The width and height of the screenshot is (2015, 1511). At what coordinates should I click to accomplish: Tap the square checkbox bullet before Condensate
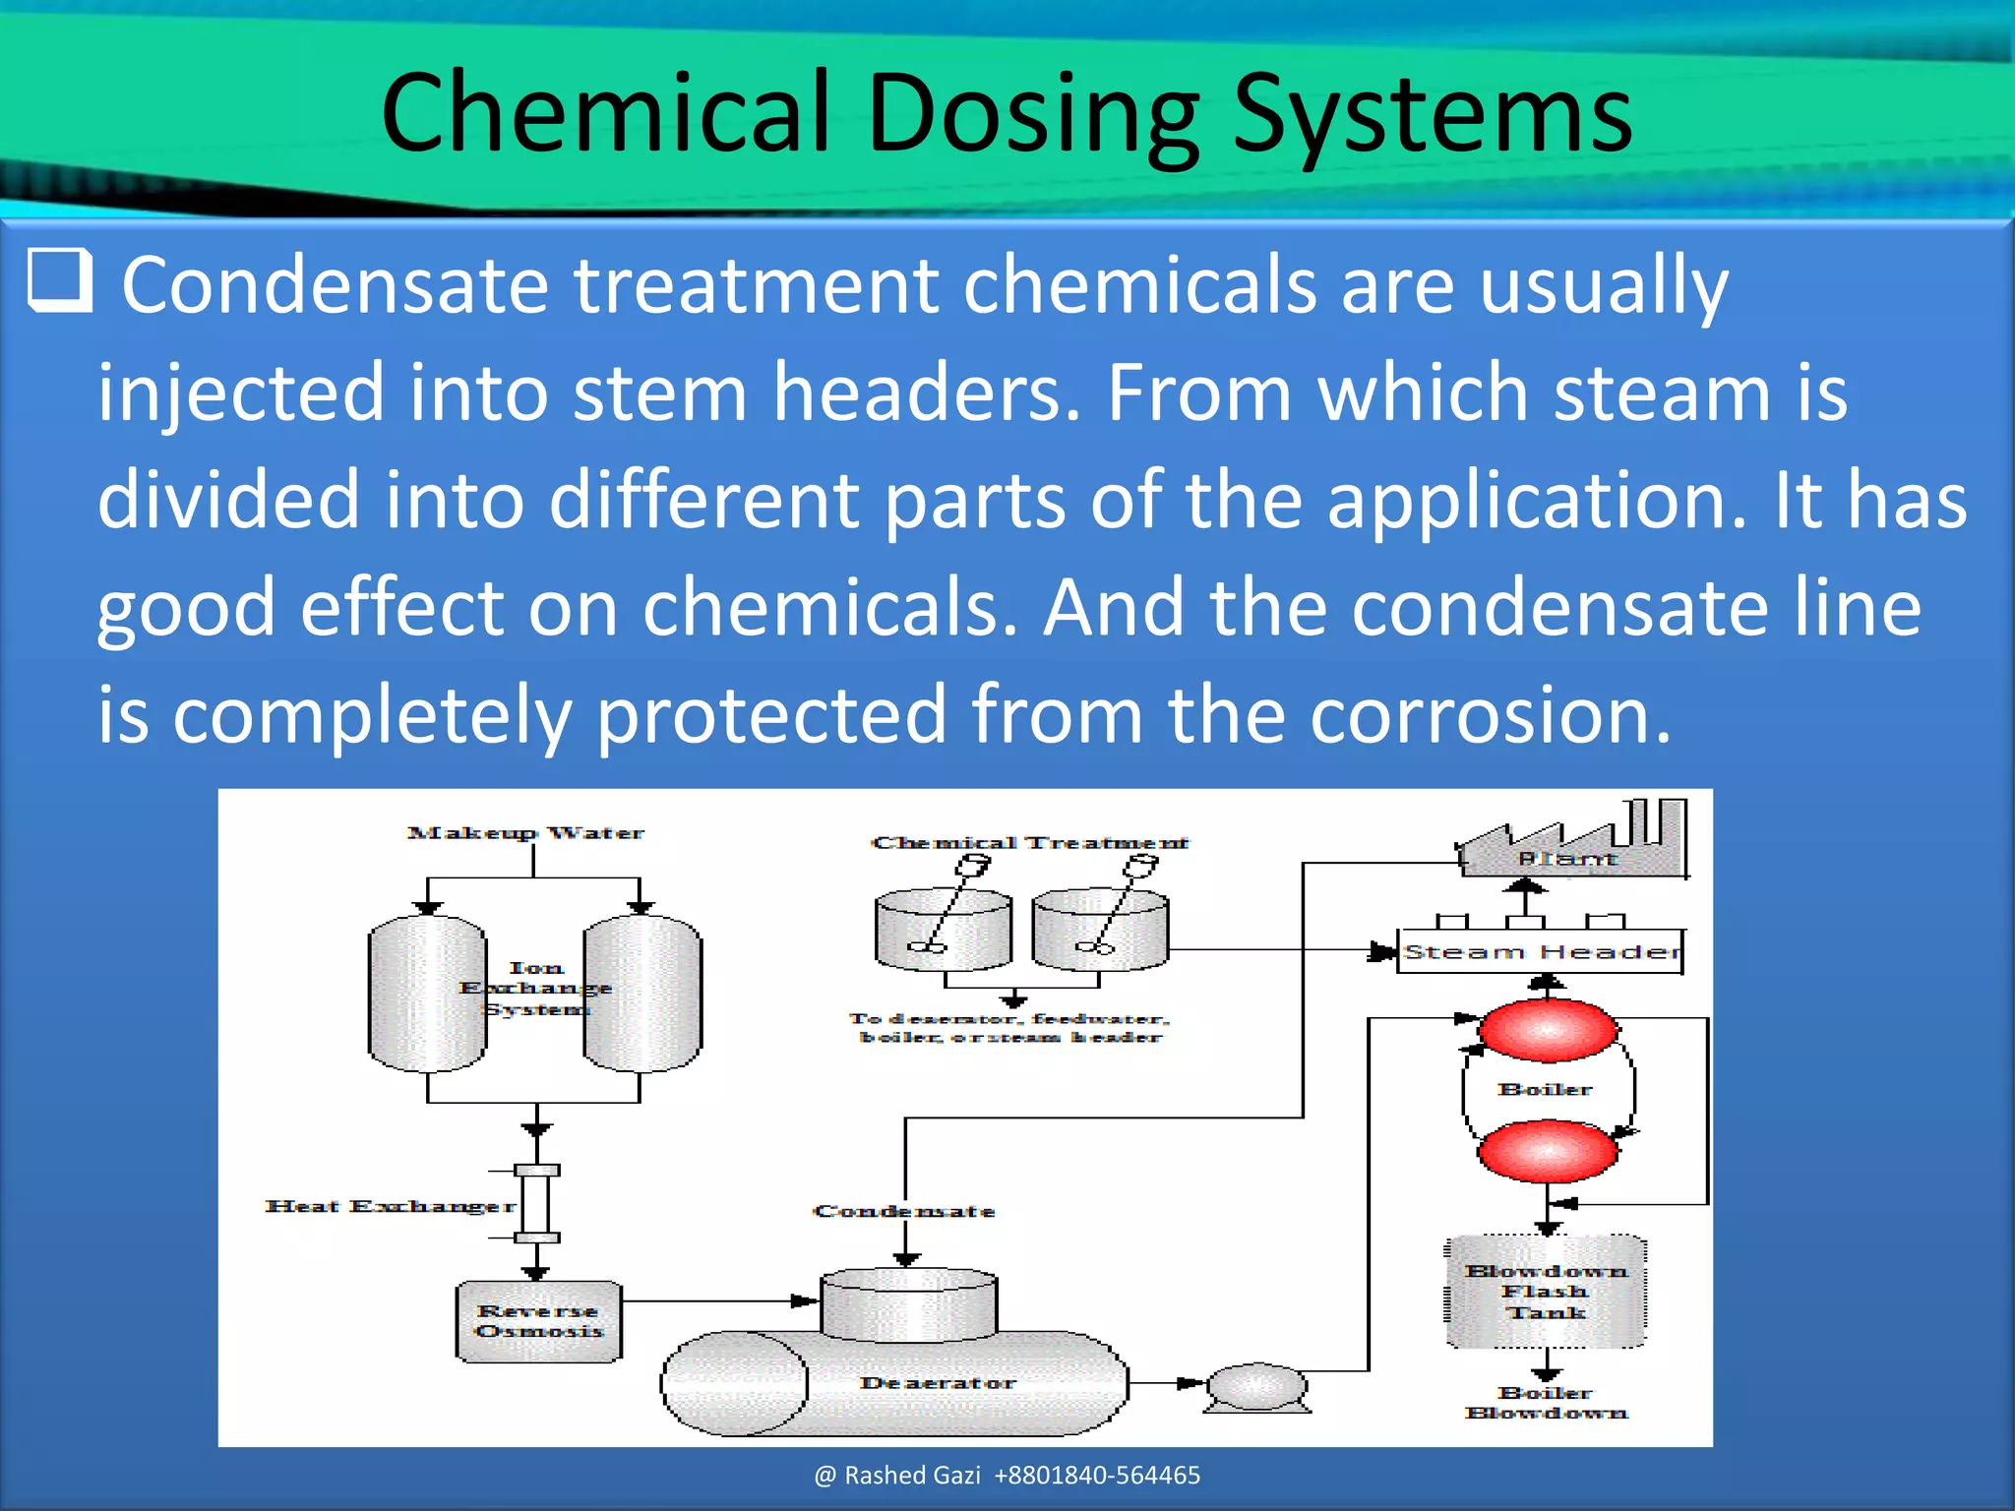click(60, 280)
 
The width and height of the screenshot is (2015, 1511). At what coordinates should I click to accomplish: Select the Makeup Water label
click(525, 833)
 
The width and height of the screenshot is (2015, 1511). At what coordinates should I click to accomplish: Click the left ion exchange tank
click(427, 994)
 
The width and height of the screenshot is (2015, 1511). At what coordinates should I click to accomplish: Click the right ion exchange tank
click(642, 994)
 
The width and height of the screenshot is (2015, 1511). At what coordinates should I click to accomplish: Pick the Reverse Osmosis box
click(538, 1321)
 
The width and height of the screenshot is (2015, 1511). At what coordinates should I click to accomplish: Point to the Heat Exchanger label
click(390, 1206)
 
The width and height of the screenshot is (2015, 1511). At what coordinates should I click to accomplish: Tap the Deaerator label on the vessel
click(937, 1382)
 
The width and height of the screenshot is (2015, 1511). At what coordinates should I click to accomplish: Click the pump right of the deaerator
click(1256, 1387)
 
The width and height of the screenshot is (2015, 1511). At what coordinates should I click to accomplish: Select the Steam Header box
click(1541, 951)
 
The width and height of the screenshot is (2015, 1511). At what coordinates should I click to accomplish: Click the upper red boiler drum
click(1548, 1030)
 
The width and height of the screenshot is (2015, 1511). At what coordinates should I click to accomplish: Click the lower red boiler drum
click(1548, 1150)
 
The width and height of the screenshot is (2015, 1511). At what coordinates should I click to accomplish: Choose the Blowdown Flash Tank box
click(1546, 1292)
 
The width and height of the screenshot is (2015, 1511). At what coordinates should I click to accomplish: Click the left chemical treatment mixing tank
click(943, 930)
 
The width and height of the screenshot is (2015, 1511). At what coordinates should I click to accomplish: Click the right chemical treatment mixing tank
click(1100, 930)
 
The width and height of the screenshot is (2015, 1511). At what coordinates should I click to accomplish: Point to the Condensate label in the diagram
click(903, 1211)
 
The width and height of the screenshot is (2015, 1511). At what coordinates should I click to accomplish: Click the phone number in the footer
click(1097, 1475)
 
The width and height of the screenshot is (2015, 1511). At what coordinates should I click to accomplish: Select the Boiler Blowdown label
click(1546, 1403)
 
